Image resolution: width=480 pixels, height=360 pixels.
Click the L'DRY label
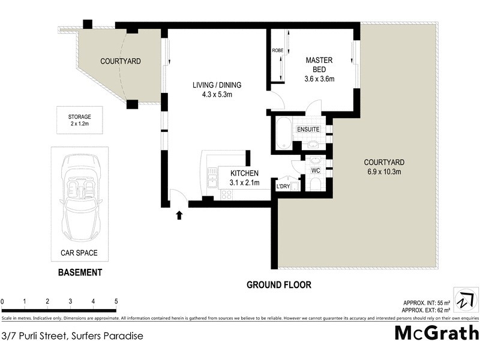(283, 187)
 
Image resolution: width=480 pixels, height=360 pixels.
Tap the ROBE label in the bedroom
(277, 51)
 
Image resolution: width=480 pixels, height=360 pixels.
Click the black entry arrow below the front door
(178, 215)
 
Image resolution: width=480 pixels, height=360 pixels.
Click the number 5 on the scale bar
(116, 301)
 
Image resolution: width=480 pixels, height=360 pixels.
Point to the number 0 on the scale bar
(2, 301)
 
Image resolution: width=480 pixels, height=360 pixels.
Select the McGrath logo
(436, 333)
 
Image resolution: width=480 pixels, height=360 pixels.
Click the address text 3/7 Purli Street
(72, 336)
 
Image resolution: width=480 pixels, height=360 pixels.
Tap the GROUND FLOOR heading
(279, 285)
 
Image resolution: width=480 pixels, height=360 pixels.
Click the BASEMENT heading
(79, 272)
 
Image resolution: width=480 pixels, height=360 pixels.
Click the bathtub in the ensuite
(283, 133)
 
